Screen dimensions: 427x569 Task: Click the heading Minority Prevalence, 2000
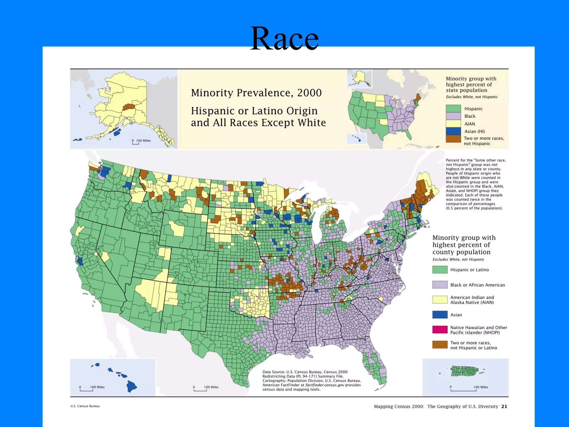(x=256, y=93)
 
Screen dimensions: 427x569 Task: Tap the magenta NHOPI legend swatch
(x=440, y=330)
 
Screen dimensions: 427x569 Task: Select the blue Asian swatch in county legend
(x=440, y=315)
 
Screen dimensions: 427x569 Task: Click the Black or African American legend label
(x=477, y=285)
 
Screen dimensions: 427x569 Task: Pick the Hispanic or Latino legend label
(x=469, y=270)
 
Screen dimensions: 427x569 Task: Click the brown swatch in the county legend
(x=440, y=345)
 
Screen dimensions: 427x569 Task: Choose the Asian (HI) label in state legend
(x=475, y=131)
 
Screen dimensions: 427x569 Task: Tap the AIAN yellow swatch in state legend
(x=453, y=124)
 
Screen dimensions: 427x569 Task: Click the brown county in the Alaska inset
(x=128, y=107)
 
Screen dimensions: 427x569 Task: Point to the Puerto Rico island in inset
(x=464, y=371)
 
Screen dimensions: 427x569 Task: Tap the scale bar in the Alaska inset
(x=136, y=143)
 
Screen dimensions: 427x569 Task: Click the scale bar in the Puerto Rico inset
(x=463, y=390)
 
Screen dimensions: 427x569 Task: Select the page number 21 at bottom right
(x=504, y=406)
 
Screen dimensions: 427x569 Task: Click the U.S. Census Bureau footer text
(x=85, y=406)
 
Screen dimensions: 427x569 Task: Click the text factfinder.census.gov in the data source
(x=325, y=385)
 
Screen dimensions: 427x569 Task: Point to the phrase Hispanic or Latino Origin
(x=254, y=111)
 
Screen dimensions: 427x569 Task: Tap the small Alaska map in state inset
(x=360, y=79)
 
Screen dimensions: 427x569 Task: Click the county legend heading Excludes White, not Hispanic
(x=458, y=259)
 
